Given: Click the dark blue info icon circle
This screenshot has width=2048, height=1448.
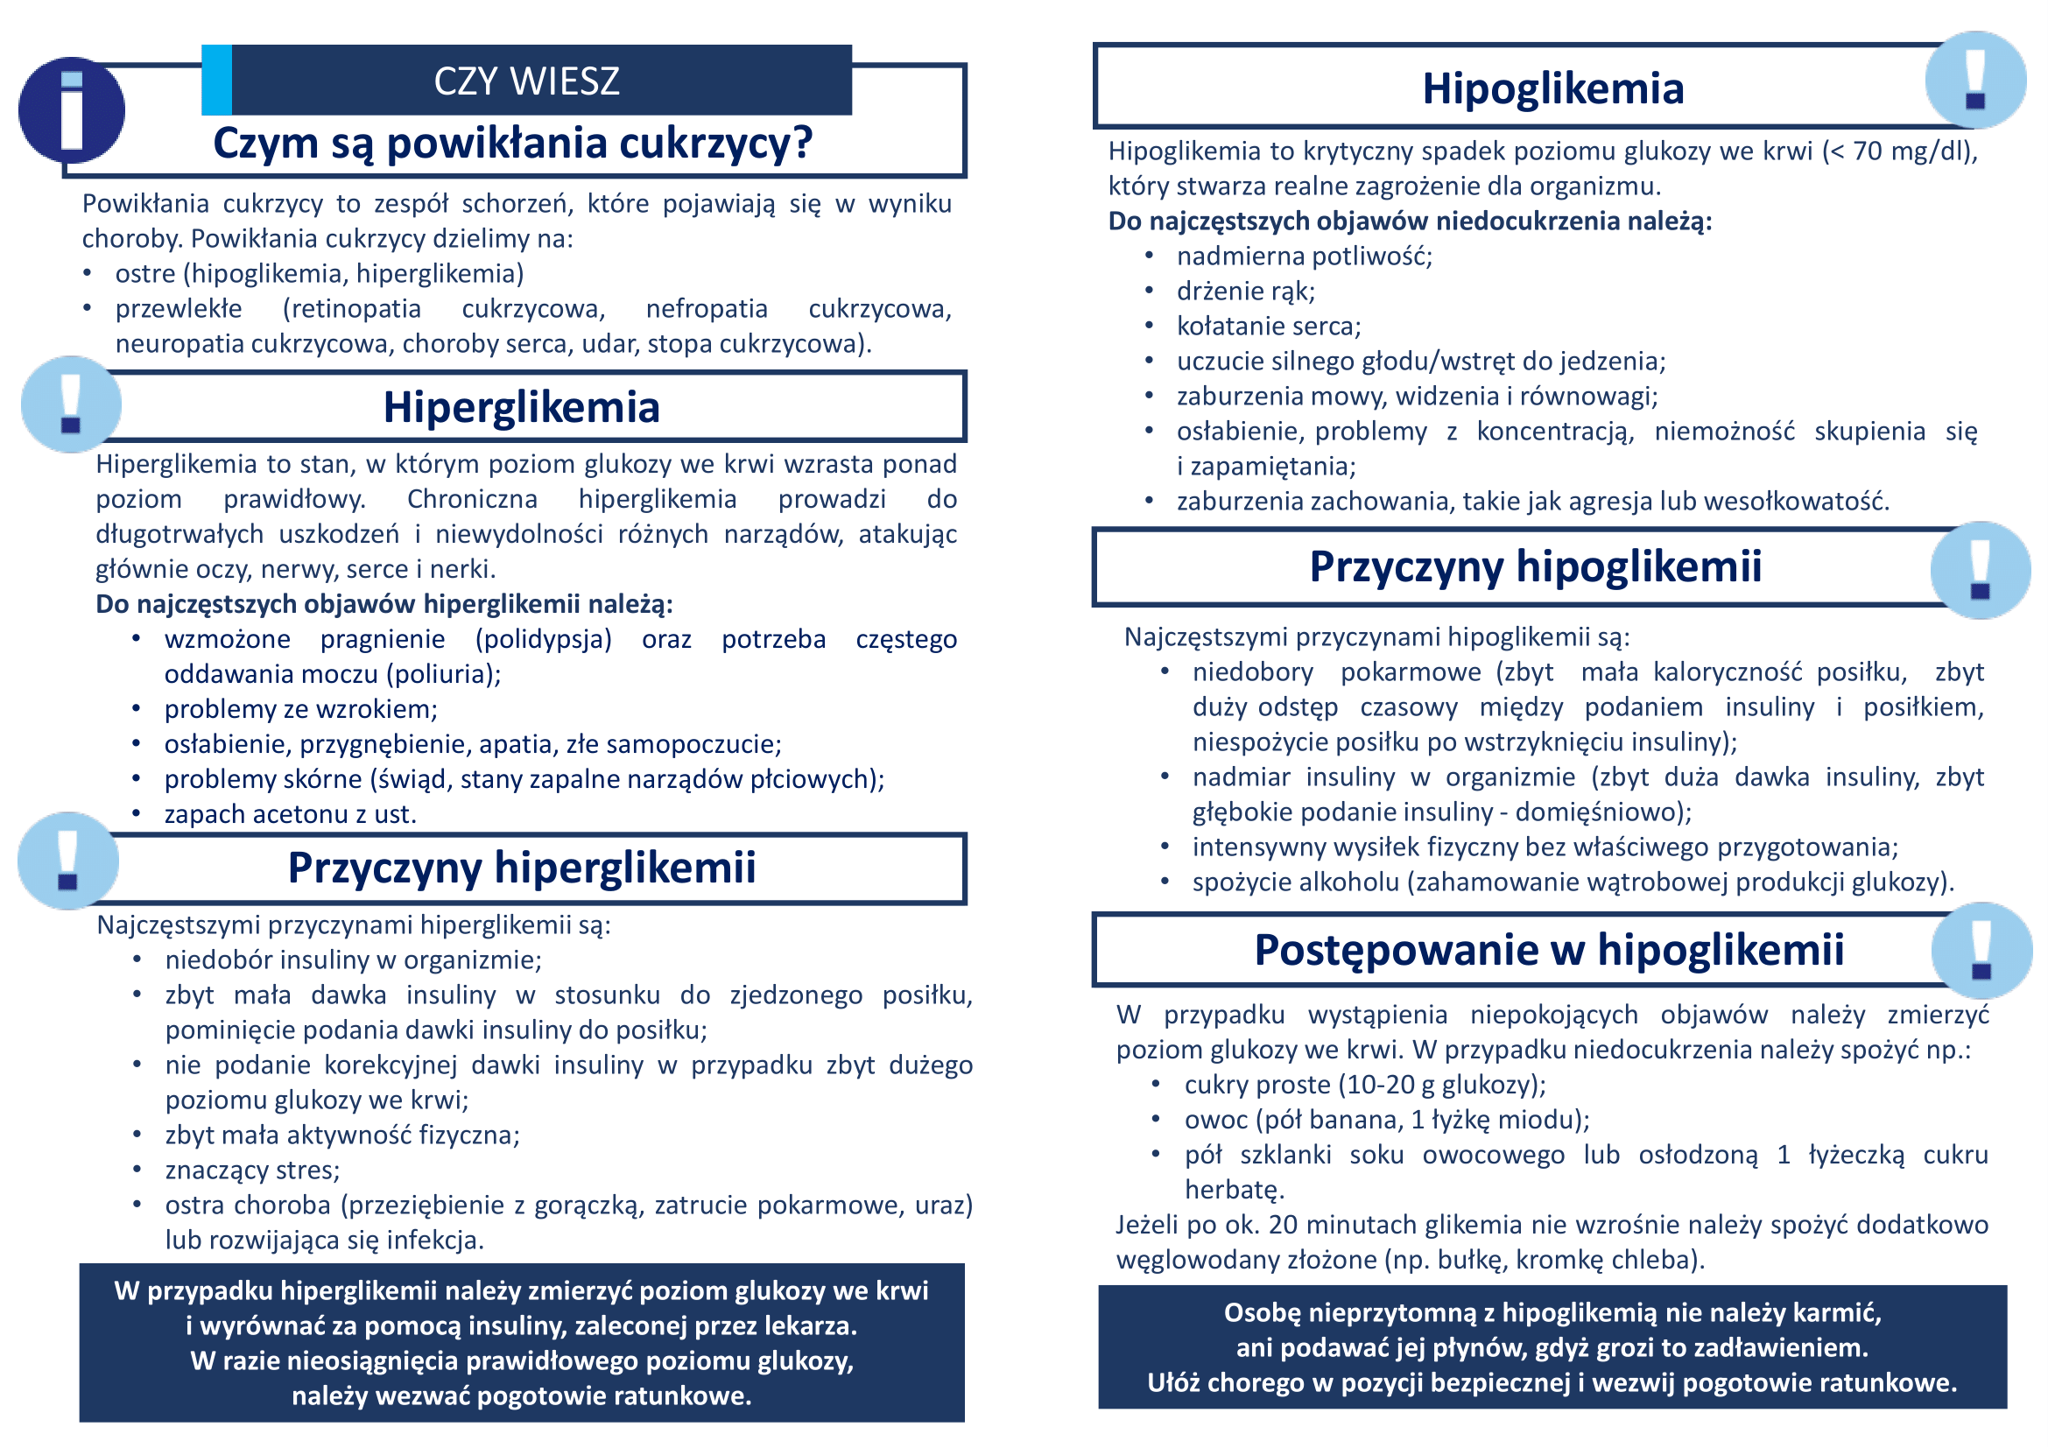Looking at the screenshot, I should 71,109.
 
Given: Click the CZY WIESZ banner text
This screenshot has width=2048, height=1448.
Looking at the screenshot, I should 526,81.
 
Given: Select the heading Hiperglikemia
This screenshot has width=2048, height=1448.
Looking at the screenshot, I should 521,407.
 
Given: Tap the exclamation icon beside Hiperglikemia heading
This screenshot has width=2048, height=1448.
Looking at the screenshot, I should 71,404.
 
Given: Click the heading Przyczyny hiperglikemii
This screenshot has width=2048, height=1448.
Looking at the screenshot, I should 521,868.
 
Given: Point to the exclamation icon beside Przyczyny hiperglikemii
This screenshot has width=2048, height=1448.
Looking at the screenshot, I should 67,861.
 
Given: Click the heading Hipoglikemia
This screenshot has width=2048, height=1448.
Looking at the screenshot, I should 1552,89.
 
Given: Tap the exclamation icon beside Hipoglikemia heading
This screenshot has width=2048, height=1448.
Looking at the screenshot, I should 1974,80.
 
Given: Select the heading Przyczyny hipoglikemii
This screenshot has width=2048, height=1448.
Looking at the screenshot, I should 1535,567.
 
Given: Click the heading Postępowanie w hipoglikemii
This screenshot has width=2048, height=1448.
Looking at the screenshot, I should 1549,951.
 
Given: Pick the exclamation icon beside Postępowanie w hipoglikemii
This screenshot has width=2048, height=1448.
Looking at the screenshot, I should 1982,951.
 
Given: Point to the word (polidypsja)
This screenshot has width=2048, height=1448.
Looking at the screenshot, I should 543,639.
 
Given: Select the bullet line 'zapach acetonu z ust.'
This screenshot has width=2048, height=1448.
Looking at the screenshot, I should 290,814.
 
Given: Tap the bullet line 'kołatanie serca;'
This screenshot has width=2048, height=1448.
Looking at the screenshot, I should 1269,327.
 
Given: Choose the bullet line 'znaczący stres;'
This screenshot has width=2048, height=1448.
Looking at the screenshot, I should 252,1170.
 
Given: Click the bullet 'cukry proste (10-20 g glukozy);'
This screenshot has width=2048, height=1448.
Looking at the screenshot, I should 1365,1085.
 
